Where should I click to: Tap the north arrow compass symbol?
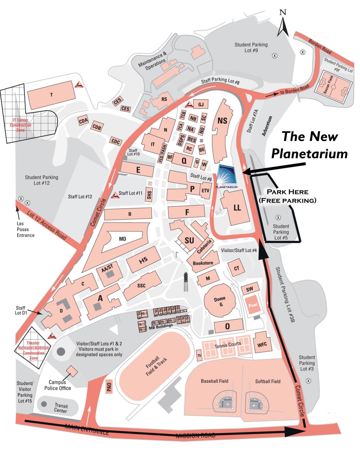pyautogui.click(x=283, y=24)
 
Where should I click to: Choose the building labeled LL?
pyautogui.click(x=237, y=208)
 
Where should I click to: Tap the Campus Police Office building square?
pyautogui.click(x=72, y=371)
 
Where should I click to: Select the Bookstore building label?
pyautogui.click(x=203, y=263)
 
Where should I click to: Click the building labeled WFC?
pyautogui.click(x=262, y=345)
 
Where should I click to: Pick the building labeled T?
pyautogui.click(x=51, y=95)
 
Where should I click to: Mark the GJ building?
pyautogui.click(x=201, y=105)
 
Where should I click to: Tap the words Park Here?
pyautogui.click(x=287, y=192)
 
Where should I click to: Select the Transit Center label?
pyautogui.click(x=60, y=408)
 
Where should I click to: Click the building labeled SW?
pyautogui.click(x=249, y=289)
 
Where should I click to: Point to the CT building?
pyautogui.click(x=237, y=268)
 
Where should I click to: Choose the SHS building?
pyautogui.click(x=149, y=195)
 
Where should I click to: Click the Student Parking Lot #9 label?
pyautogui.click(x=251, y=48)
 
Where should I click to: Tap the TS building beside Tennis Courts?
pyautogui.click(x=199, y=355)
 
